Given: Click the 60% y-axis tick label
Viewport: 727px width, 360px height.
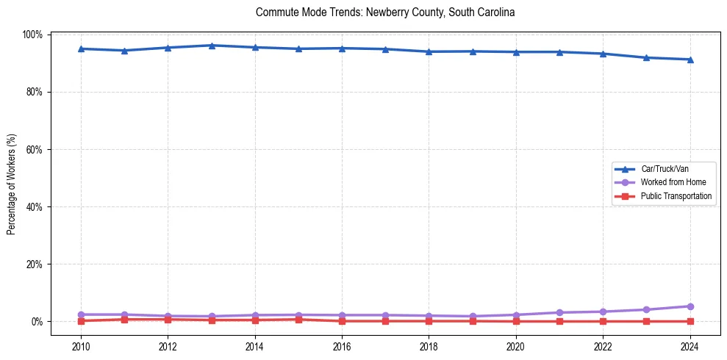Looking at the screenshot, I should tap(35, 149).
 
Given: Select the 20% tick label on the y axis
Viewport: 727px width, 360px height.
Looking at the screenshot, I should tap(35, 264).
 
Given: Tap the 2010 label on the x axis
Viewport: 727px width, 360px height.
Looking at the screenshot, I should tap(81, 346).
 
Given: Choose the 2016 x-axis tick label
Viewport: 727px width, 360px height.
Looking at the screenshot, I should tap(342, 346).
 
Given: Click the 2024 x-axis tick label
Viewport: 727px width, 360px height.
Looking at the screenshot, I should tap(690, 346).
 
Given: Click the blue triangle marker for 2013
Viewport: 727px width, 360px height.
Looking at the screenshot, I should tap(212, 46).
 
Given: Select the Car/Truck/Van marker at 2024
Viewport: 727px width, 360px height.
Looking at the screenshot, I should tap(690, 60).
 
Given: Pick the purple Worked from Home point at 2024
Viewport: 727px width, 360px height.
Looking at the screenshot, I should tap(690, 306).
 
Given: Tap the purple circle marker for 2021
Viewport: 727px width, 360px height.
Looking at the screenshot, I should tap(559, 312).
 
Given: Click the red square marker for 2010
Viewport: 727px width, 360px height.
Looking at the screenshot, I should tap(81, 321).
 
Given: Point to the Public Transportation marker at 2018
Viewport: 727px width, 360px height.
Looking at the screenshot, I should tap(429, 321).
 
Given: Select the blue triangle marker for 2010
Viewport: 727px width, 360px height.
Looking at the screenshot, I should tap(81, 48).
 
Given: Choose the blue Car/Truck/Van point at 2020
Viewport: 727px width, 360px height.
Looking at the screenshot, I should tap(516, 51).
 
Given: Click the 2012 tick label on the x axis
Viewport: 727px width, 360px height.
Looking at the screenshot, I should tap(168, 346).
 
